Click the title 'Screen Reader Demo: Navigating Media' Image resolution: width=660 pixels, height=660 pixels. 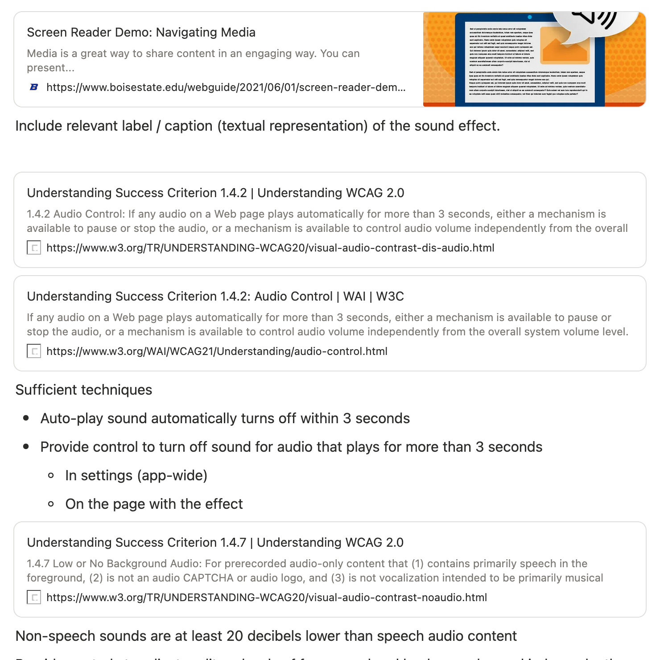(141, 33)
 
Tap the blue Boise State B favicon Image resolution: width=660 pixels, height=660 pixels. (34, 87)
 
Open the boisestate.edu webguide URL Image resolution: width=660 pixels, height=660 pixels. (226, 87)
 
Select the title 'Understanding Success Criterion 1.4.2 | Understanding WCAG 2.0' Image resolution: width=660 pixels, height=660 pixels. (215, 193)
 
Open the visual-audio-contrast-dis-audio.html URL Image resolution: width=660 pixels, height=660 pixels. (270, 248)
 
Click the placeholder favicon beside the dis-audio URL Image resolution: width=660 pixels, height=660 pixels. (34, 247)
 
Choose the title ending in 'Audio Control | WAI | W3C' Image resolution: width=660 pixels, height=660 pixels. (215, 297)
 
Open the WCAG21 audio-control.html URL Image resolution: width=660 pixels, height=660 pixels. (217, 351)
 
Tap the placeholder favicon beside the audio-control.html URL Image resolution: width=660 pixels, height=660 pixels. (34, 351)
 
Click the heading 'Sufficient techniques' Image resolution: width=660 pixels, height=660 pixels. (84, 390)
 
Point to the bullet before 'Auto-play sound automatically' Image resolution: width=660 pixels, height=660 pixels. (26, 418)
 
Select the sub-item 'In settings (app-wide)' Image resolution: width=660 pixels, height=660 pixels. (136, 476)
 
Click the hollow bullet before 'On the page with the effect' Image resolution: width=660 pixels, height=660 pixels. (51, 504)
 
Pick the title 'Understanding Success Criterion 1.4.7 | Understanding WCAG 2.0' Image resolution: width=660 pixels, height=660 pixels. (215, 543)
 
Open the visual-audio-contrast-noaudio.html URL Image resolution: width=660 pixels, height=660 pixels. (267, 598)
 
